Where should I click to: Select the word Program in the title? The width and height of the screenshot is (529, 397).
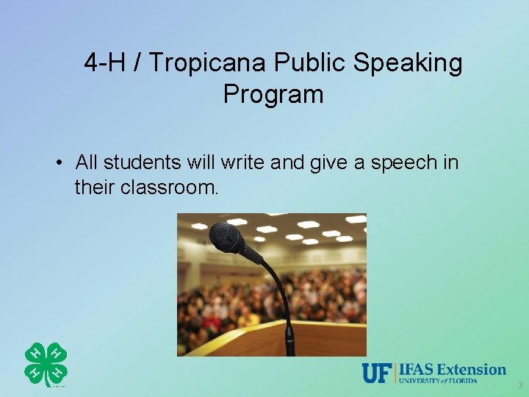click(x=273, y=95)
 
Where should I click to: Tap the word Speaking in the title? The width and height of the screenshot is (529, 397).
click(x=408, y=64)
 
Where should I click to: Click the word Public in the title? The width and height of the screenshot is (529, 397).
click(x=309, y=64)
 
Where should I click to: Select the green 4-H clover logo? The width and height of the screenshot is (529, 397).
click(x=46, y=364)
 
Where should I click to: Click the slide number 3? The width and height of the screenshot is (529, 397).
click(x=519, y=385)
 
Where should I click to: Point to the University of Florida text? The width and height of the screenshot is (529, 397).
click(x=439, y=381)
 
